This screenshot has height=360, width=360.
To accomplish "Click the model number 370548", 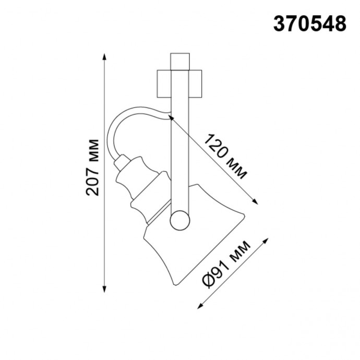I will (310, 23).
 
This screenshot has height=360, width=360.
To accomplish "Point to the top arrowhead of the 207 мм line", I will (105, 56).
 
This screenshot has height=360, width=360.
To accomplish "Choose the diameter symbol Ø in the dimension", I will (207, 282).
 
